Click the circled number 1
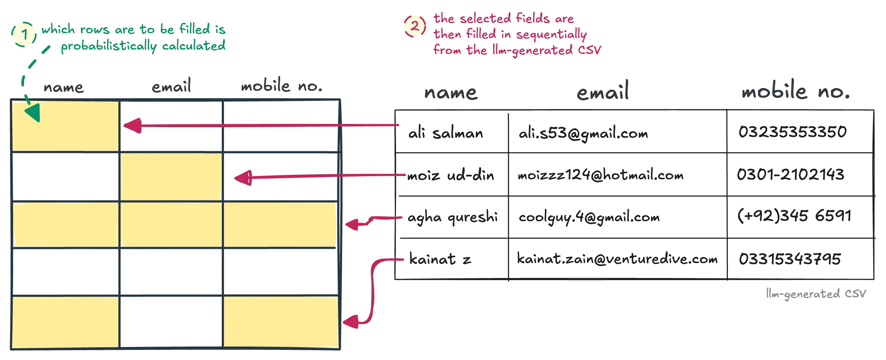tap(24, 35)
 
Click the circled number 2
tap(415, 26)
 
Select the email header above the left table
tap(171, 87)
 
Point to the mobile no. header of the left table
tap(281, 87)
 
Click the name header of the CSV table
tap(451, 93)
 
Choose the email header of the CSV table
tap(603, 93)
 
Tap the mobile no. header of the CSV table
tap(796, 93)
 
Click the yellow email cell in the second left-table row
tap(170, 177)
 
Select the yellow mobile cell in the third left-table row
tap(280, 224)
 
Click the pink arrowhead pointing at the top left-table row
tap(133, 126)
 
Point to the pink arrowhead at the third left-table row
tap(352, 224)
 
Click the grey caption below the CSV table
tap(815, 294)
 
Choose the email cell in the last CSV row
tap(616, 259)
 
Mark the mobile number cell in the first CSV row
tap(791, 132)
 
